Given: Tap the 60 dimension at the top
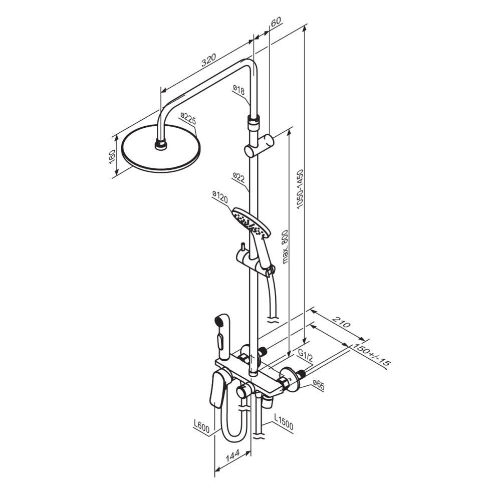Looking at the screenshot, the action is (276, 22).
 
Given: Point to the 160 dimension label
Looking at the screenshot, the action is (112, 156).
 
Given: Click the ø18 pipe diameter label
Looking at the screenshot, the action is (238, 90).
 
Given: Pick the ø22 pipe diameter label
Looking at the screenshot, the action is (238, 177).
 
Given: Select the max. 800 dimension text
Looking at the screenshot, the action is (285, 246).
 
